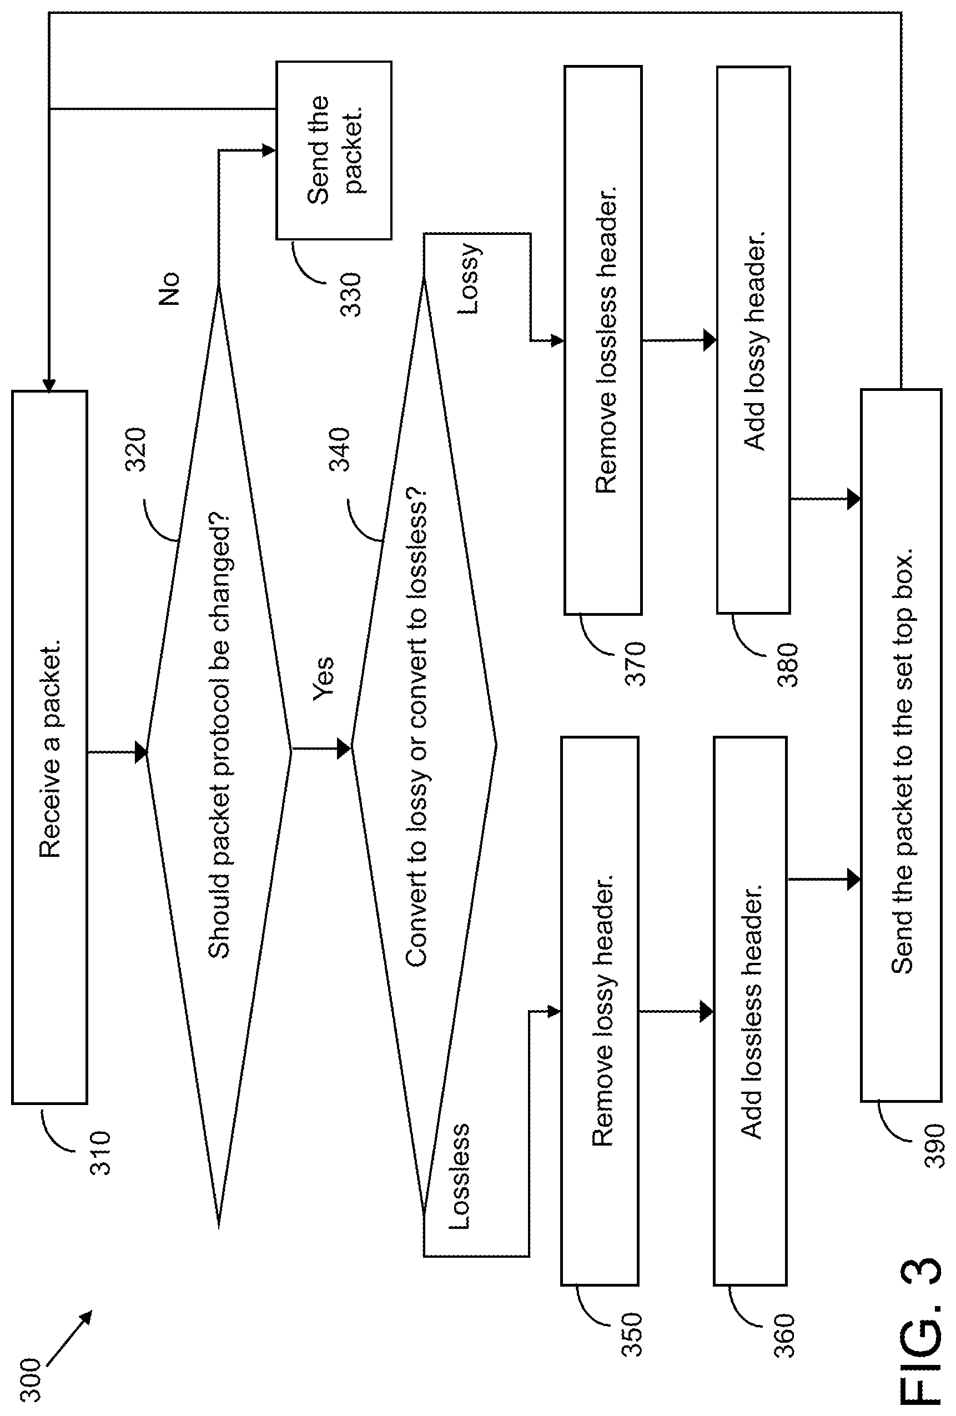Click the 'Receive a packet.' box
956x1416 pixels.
pos(50,747)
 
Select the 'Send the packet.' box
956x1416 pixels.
pos(334,150)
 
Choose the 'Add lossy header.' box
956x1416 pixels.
pos(753,339)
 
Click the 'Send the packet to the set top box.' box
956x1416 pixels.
pos(901,745)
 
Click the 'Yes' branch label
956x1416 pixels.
pos(323,679)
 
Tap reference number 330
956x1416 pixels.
pos(350,294)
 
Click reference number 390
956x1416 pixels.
pos(934,1146)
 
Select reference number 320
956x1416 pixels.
pos(136,450)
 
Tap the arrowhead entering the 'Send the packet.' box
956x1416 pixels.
pos(269,150)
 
